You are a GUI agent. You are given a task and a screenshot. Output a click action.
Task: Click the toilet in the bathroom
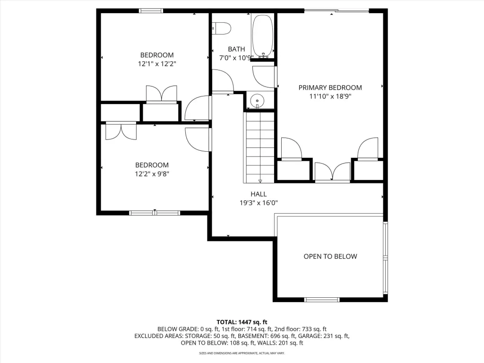(x=222, y=28)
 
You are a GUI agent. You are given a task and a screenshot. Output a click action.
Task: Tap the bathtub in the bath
(x=262, y=36)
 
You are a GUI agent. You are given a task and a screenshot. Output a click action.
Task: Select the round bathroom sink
(x=257, y=100)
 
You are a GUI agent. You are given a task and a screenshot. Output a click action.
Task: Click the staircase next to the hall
(x=259, y=147)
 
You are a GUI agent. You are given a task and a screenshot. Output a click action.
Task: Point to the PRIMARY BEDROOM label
(x=330, y=87)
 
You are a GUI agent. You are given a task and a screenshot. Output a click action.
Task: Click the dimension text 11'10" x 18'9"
(x=330, y=96)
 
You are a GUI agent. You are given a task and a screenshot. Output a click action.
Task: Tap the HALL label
(x=259, y=194)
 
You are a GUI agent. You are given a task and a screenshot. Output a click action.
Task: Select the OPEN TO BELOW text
(x=330, y=257)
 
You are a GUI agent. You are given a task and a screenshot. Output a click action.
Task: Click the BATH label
(x=236, y=49)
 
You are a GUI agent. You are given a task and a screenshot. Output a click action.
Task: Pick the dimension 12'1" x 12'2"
(x=157, y=64)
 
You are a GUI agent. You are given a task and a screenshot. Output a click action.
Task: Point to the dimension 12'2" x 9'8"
(x=152, y=174)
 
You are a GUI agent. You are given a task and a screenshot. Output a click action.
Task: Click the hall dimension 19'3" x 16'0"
(x=259, y=203)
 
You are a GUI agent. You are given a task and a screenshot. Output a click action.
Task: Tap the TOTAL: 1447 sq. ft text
(x=242, y=322)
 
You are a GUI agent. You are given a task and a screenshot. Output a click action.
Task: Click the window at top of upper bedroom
(x=151, y=11)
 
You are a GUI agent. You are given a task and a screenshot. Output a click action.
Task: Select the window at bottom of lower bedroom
(x=155, y=213)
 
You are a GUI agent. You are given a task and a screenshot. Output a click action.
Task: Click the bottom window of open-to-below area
(x=321, y=300)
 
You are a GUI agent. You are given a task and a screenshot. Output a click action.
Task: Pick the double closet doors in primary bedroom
(x=332, y=172)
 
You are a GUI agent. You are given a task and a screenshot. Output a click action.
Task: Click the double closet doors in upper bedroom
(x=162, y=94)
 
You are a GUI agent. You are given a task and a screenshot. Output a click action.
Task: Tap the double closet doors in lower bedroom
(x=121, y=131)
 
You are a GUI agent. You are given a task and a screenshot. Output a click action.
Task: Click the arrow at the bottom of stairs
(x=260, y=181)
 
